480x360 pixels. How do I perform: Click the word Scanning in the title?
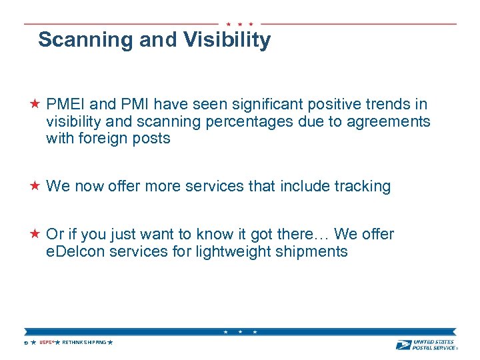click(86, 40)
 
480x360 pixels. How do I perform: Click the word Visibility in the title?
click(228, 40)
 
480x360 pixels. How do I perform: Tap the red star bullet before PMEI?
click(35, 104)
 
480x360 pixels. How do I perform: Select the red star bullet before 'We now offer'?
click(35, 186)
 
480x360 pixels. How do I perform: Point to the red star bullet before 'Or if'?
click(35, 234)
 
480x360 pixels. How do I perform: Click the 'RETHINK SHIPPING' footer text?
click(84, 343)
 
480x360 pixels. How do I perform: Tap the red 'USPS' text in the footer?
click(45, 343)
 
